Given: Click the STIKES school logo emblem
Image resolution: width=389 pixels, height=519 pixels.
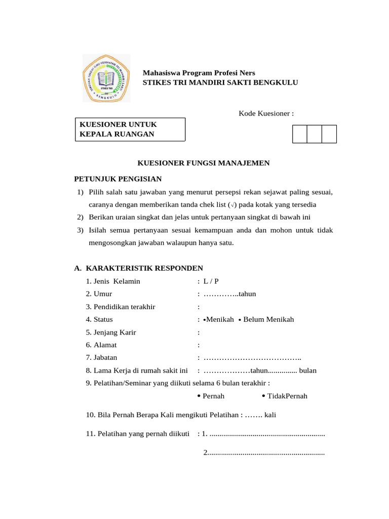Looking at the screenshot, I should (106, 79).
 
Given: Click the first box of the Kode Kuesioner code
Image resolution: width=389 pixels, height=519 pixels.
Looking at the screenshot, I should (300, 134).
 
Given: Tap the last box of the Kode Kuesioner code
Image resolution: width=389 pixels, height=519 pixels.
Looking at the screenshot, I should (329, 134).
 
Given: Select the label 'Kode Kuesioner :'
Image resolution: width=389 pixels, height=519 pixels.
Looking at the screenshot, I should (266, 113).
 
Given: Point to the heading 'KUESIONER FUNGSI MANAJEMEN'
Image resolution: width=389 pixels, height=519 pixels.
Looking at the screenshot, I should (204, 163).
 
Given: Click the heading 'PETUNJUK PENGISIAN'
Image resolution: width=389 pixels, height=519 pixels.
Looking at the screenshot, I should (118, 179).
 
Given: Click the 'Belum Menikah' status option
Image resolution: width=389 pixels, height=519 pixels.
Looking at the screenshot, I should (268, 319).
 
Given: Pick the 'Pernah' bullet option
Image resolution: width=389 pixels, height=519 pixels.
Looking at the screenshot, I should (213, 396).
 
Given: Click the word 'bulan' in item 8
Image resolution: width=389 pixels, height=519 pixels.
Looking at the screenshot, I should (308, 370).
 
